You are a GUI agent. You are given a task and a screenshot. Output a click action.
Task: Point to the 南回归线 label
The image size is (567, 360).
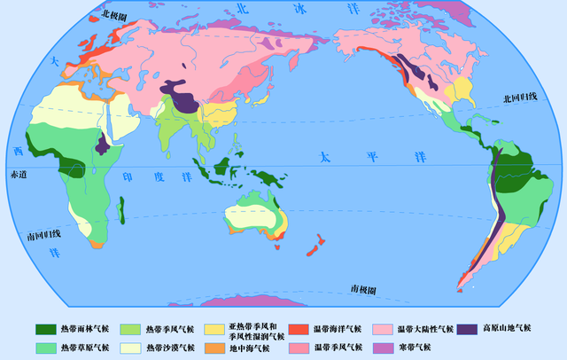click(x=43, y=235)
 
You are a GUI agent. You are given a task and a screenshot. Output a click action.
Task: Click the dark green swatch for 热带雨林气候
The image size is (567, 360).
click(x=46, y=329)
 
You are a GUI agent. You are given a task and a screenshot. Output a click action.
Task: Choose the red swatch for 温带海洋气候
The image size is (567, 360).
click(x=299, y=329)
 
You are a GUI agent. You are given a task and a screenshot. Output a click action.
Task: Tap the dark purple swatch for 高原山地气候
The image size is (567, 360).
click(x=469, y=329)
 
